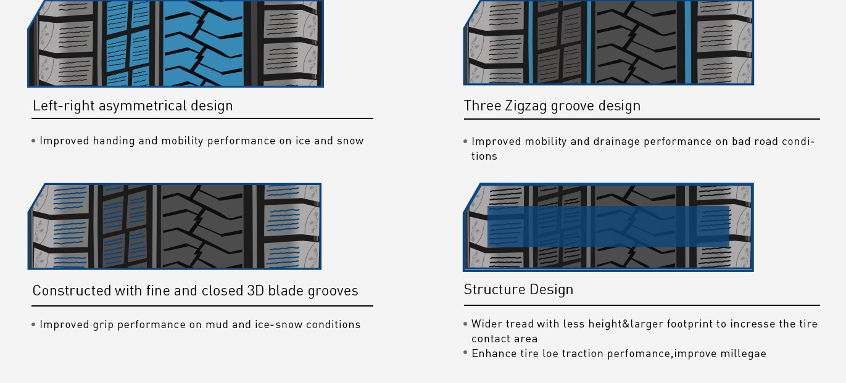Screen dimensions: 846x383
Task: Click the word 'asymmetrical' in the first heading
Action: pos(143,106)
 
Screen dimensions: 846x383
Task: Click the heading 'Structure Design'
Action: pos(518,290)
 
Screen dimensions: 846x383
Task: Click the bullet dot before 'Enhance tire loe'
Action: pos(465,353)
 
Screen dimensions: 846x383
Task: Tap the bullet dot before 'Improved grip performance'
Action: pos(33,324)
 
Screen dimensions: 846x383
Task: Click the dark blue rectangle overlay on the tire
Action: pos(608,226)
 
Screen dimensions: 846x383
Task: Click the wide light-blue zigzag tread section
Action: pos(203,43)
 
